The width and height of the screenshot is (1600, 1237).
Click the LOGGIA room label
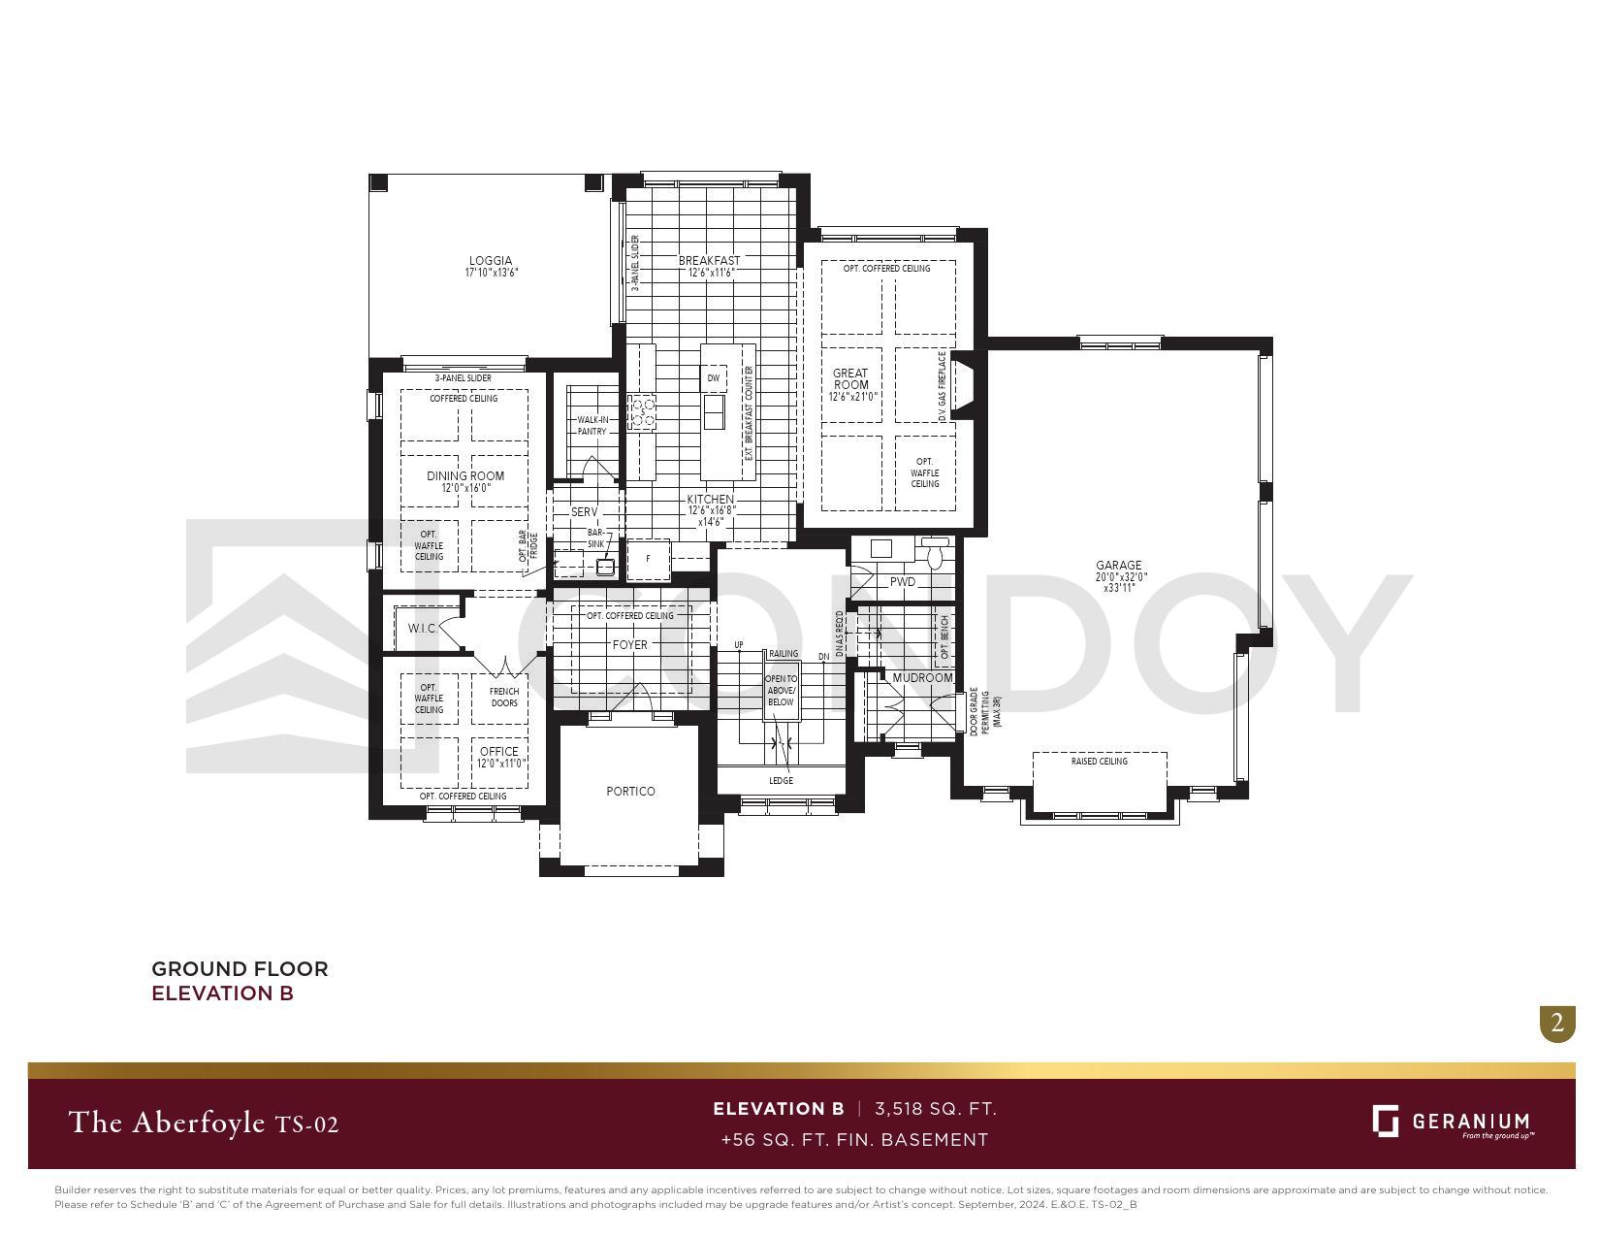[x=491, y=261]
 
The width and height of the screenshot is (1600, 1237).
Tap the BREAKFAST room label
[x=709, y=261]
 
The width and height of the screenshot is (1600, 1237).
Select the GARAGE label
[x=1118, y=566]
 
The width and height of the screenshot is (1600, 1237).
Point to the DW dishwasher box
[x=714, y=378]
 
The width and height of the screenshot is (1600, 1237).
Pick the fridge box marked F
[x=649, y=559]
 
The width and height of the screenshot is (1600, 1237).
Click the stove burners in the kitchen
[x=641, y=412]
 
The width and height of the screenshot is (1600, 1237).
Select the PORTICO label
[x=630, y=792]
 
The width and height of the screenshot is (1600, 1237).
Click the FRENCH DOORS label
[x=504, y=698]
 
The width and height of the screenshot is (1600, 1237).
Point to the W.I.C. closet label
[x=422, y=629]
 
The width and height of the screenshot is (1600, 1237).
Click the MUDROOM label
[x=922, y=678]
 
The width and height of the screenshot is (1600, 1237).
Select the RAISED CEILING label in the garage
[x=1099, y=762]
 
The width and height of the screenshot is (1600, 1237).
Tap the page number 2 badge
[x=1557, y=1024]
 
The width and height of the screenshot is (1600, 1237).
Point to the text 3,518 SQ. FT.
[x=935, y=1109]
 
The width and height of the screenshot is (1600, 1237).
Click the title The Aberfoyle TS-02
[x=204, y=1123]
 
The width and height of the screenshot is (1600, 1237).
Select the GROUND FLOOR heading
[x=240, y=969]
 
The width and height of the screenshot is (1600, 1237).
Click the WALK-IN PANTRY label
[x=592, y=426]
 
